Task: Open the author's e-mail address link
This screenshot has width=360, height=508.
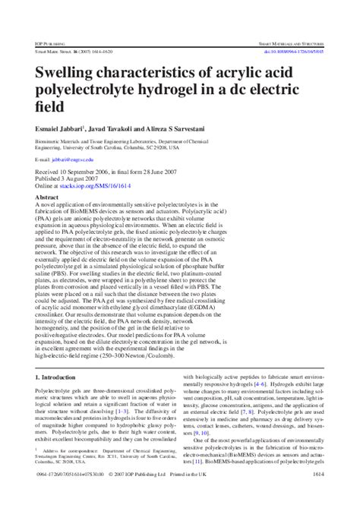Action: [72, 161]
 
